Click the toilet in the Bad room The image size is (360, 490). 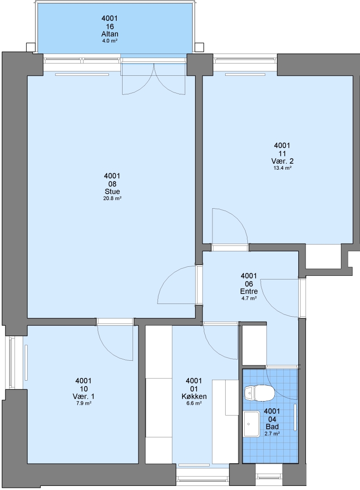pos(259,393)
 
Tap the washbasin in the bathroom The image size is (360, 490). pos(252,424)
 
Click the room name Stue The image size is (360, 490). pos(112,191)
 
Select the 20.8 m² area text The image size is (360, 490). pos(112,198)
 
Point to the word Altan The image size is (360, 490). pos(110,34)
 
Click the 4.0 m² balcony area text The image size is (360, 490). pos(110,41)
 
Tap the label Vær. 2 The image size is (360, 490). pos(282,161)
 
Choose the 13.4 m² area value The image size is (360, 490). pos(282,168)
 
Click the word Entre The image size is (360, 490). pos(249,291)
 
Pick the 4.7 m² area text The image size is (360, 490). pos(249,298)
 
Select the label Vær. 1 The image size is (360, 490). pos(83,396)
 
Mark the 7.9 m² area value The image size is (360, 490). pos(83,403)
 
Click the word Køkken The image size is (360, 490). pos(194,396)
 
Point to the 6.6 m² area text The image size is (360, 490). pos(194,403)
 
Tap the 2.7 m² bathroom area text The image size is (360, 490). pos(272,433)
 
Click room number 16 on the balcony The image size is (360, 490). pos(110,26)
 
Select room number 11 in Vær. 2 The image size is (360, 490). pos(282,153)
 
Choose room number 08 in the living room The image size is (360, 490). pos(112,184)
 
